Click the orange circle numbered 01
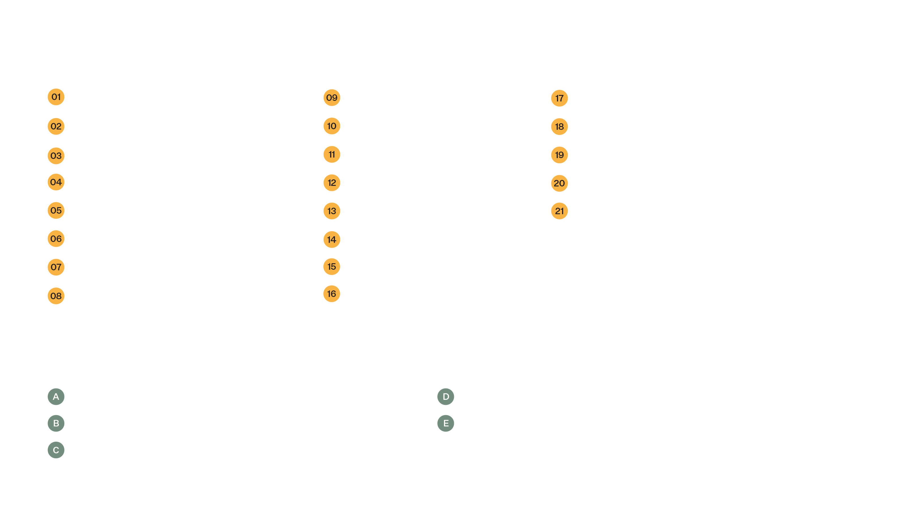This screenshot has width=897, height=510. pos(56,97)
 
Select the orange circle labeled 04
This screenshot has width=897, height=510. pos(56,182)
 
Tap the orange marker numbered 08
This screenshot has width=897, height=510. pos(56,296)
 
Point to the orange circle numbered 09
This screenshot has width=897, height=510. pos(332,98)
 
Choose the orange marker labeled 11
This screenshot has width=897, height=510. pos(332,154)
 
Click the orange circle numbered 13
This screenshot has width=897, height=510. pos(332,211)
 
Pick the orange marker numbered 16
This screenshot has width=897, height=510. pos(332,294)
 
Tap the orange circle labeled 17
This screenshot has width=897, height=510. pos(559,98)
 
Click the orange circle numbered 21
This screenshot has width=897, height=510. pos(559,211)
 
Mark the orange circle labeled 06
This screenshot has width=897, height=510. pos(56,239)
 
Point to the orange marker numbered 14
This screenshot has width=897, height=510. pos(332,240)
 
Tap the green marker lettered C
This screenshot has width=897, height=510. pos(56,450)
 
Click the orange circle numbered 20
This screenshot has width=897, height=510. pos(559,184)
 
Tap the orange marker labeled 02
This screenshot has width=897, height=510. pos(56,126)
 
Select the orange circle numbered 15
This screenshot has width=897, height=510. pos(332,267)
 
